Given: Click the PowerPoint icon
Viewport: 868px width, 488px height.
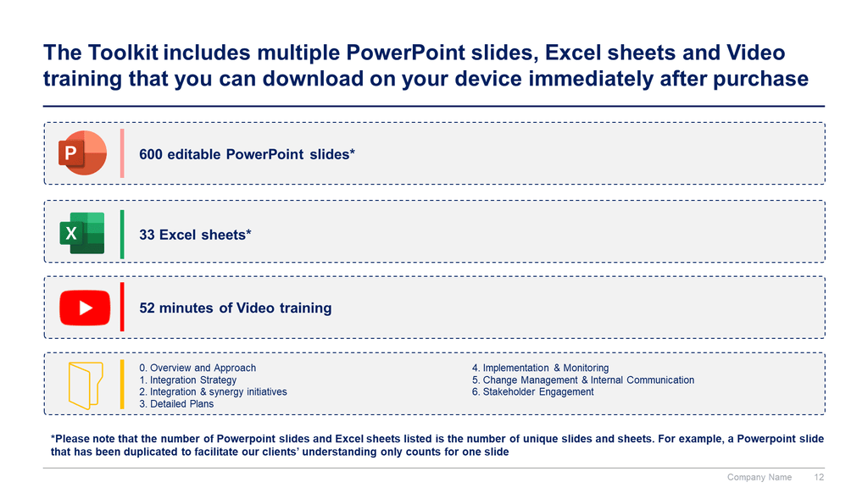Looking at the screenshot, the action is (x=82, y=152).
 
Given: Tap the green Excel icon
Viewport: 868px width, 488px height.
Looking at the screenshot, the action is (x=82, y=233).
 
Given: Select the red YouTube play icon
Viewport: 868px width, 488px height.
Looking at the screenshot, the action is (x=85, y=308).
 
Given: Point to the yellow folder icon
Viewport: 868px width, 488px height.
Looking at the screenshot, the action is (x=86, y=385).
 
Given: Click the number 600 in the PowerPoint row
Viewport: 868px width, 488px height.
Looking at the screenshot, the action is (x=151, y=154).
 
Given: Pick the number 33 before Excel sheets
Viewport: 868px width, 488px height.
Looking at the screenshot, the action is (x=147, y=235).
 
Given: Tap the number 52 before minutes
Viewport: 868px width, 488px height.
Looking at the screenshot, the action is (x=147, y=308).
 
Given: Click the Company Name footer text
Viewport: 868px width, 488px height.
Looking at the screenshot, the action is (x=759, y=477).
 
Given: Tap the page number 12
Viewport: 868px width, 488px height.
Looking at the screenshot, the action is (x=819, y=477).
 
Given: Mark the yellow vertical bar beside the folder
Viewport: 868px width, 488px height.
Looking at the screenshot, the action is (x=122, y=385).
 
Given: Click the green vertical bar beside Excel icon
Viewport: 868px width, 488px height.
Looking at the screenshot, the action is (x=122, y=234).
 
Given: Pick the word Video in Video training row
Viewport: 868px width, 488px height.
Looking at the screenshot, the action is (x=255, y=308).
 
